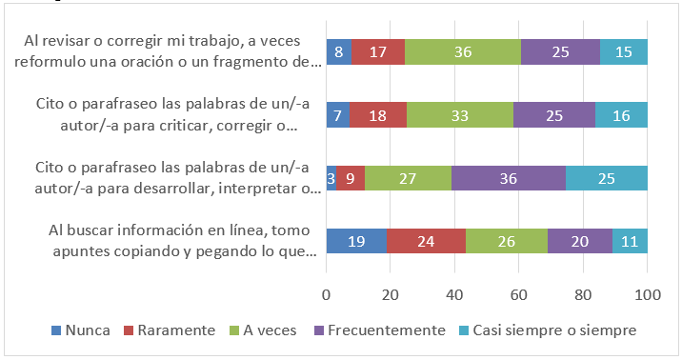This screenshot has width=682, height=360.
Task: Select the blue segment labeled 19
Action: point(356,242)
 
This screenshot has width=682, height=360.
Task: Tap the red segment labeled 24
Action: point(426,242)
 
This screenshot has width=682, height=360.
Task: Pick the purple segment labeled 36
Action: point(509,179)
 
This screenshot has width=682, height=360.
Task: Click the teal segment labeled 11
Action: point(630,242)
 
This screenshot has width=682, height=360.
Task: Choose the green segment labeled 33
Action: point(459,116)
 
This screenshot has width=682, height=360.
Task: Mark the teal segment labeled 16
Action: point(621,116)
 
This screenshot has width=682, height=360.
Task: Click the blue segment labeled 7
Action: point(337,116)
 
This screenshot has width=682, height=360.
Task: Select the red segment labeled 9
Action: point(351,179)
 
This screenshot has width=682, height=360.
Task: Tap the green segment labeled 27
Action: point(408,179)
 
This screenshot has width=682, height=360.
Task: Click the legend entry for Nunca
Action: point(80,330)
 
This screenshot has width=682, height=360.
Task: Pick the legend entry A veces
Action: point(263,330)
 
